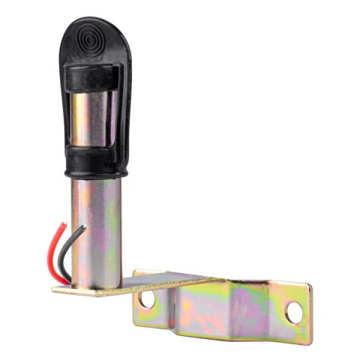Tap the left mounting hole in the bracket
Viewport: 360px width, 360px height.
[x=147, y=298]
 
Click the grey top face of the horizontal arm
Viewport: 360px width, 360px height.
[x=172, y=278]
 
